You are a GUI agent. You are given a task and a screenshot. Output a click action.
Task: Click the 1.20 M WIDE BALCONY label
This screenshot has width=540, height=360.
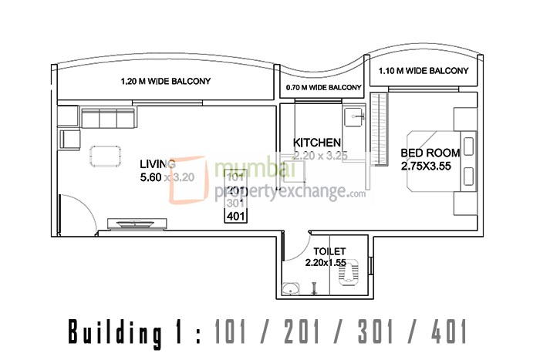[x=165, y=81]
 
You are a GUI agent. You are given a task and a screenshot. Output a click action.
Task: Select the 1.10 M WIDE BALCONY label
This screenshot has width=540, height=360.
[x=423, y=71]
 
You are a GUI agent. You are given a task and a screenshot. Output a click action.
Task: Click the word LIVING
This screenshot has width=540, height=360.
[x=157, y=163]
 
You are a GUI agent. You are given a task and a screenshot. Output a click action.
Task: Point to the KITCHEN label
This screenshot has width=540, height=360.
[x=317, y=143]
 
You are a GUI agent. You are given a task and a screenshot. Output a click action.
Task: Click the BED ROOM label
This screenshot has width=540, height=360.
[x=430, y=153]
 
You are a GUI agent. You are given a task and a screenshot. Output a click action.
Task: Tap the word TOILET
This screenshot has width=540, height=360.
[x=329, y=251]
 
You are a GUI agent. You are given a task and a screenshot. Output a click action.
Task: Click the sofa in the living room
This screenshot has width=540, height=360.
[x=106, y=119]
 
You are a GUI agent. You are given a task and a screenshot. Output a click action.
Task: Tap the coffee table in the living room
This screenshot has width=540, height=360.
[x=105, y=155]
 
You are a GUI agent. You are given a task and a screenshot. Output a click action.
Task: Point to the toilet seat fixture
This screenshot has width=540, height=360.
[x=356, y=274]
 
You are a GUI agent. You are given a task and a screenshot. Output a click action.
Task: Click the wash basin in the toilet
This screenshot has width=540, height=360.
[x=291, y=290]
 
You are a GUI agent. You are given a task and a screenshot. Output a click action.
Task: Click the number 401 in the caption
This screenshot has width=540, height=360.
[x=446, y=332]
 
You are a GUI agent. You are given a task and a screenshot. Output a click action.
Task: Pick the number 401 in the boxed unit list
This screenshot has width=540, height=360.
[x=236, y=216]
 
